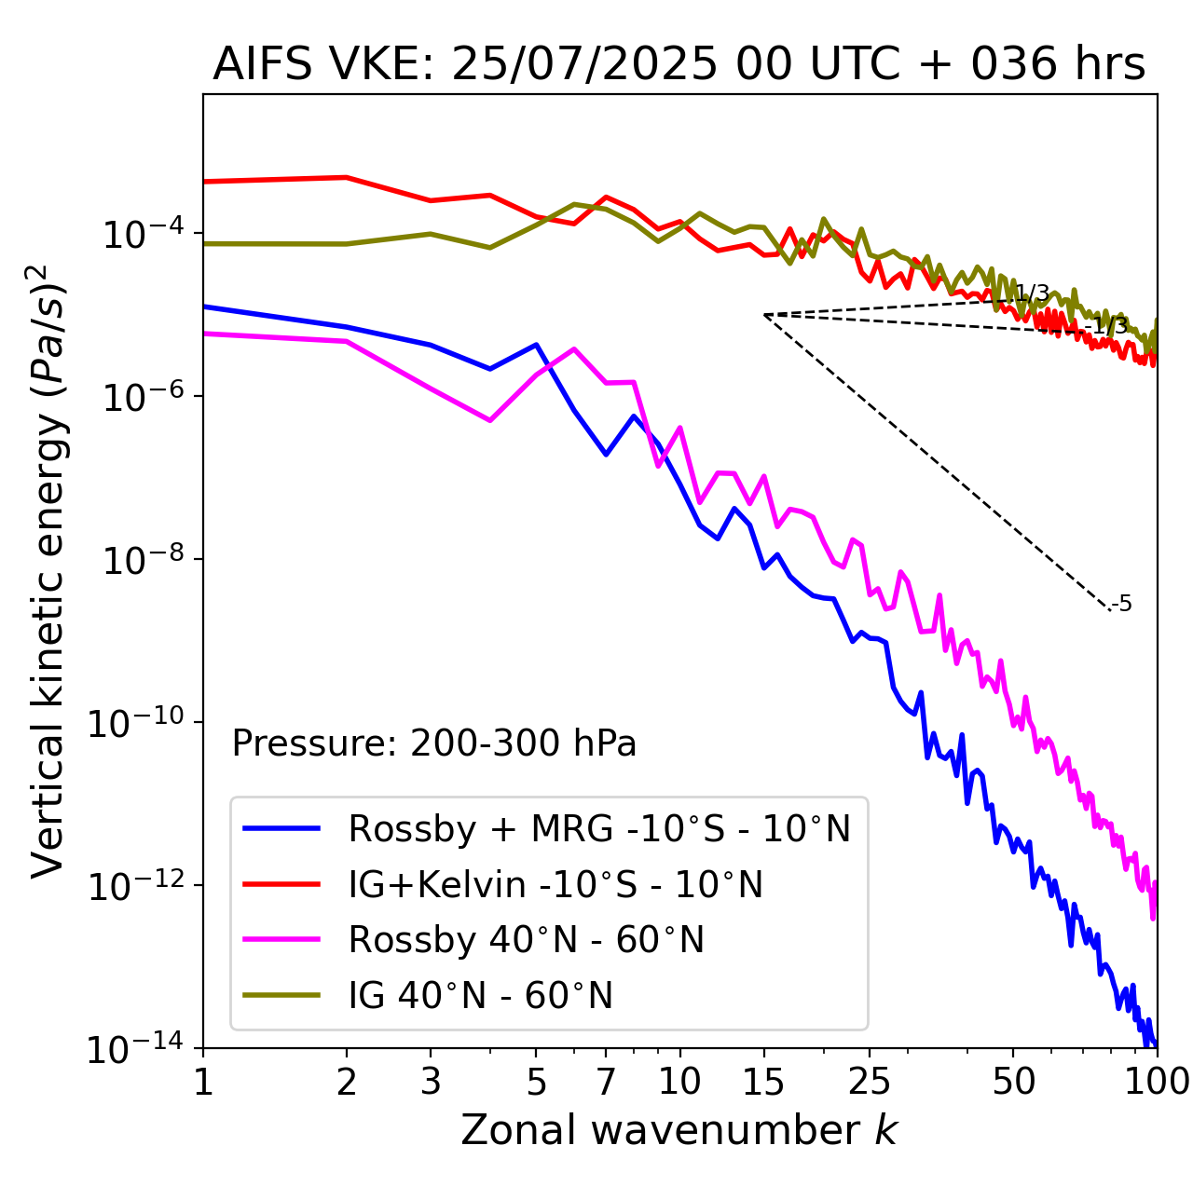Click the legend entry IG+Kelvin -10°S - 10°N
pos(555,884)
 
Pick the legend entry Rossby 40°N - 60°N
pos(526,940)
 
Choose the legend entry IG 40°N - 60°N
pos(480,996)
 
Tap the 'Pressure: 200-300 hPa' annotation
pos(433,743)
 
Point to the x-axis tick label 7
pos(606,1081)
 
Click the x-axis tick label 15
pos(764,1081)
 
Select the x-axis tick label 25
pos(870,1081)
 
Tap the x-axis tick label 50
pos(1013,1081)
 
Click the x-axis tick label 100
pos(1156,1081)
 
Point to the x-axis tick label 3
pos(431,1081)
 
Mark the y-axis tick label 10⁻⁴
pos(141,233)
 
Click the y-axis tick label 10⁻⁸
pos(141,559)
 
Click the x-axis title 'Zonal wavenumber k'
pos(679,1129)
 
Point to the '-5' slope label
pos(1122,604)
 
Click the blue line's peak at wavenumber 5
pos(536,345)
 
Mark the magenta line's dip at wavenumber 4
pos(490,420)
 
